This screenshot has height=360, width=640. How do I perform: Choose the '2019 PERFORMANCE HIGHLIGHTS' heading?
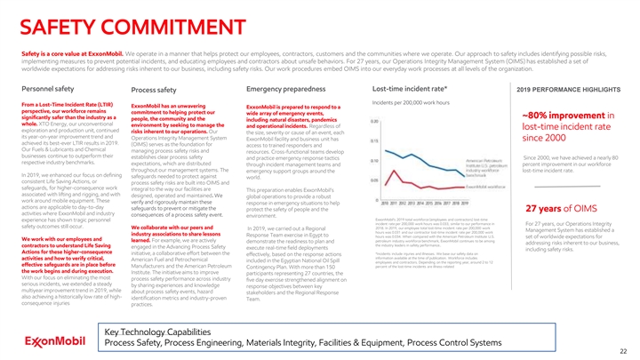click(x=565, y=90)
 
